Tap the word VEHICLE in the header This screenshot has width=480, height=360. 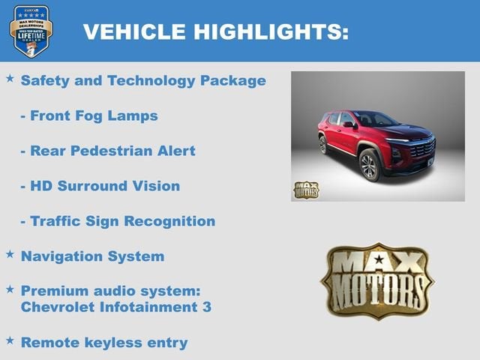coord(134,31)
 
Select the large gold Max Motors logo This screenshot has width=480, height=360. coord(377,280)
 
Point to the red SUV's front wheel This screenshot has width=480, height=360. coord(370,165)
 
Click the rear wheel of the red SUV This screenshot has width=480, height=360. coord(322,145)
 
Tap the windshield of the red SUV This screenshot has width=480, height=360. coord(376,118)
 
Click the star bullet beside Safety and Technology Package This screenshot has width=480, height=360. coord(10,78)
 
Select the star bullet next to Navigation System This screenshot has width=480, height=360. coord(10,254)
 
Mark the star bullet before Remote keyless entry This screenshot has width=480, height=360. coord(10,340)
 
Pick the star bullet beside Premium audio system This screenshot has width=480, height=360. coord(10,288)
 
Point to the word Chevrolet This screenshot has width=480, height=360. coord(59,307)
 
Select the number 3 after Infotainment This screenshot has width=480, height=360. coord(207,307)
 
